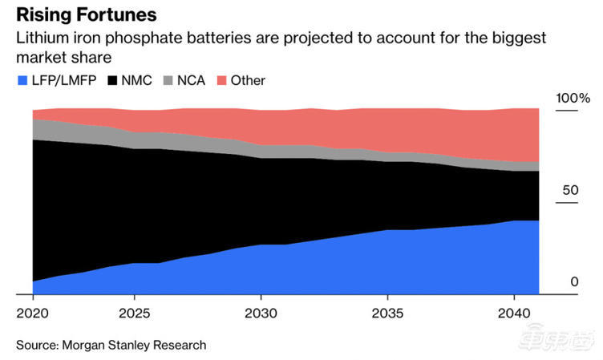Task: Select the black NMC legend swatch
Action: tap(111, 80)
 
